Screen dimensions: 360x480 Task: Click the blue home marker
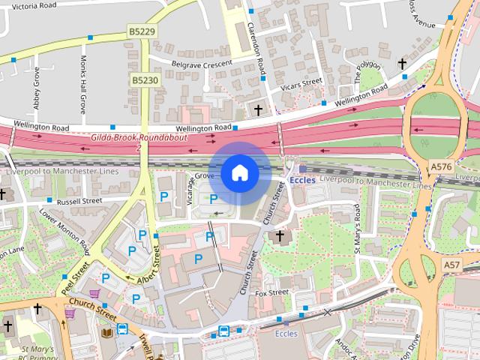[239, 173]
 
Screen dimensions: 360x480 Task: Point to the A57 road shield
[451, 265]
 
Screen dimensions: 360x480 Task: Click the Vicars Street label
[301, 82]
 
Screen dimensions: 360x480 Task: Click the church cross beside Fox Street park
[280, 236]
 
